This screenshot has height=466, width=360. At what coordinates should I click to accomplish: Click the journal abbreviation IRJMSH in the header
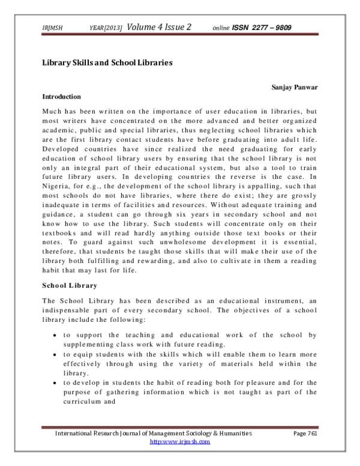pyautogui.click(x=54, y=28)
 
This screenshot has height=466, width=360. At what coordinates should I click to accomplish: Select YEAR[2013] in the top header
pyautogui.click(x=106, y=28)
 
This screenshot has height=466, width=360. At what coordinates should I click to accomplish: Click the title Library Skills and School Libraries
pyautogui.click(x=107, y=62)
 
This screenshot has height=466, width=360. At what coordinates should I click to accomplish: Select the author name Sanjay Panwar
pyautogui.click(x=295, y=87)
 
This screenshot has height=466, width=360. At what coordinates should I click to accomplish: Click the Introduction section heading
pyautogui.click(x=62, y=96)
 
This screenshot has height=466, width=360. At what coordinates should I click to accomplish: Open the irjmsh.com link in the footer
pyautogui.click(x=179, y=441)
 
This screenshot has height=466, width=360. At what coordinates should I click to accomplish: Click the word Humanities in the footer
pyautogui.click(x=230, y=433)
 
